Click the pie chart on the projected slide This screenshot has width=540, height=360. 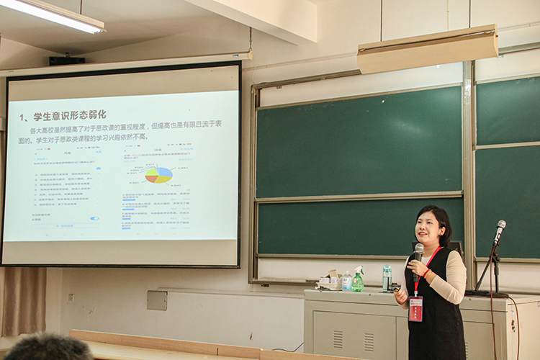(x=158, y=175)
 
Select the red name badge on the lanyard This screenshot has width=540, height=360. (x=415, y=309)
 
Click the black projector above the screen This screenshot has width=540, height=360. (x=67, y=61)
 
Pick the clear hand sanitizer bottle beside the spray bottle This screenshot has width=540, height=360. (x=347, y=281)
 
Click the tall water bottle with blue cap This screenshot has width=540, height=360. (x=387, y=277)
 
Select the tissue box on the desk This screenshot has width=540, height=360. (x=330, y=282)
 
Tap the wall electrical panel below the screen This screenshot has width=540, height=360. (x=157, y=300)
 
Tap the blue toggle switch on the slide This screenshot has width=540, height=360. (x=94, y=218)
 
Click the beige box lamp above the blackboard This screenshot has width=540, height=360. (x=428, y=49)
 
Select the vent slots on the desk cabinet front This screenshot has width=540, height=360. (x=338, y=338)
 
